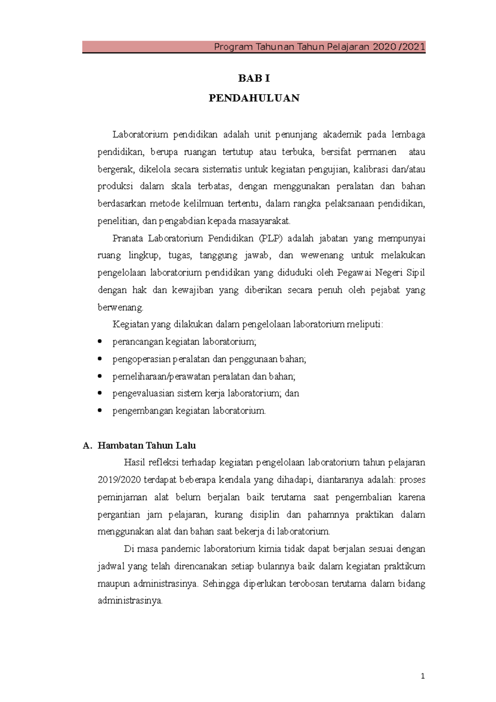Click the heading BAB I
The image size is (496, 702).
pyautogui.click(x=254, y=79)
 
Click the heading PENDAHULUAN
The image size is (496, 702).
pyautogui.click(x=254, y=98)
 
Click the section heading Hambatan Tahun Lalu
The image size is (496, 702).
pyautogui.click(x=146, y=446)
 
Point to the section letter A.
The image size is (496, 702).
pyautogui.click(x=86, y=446)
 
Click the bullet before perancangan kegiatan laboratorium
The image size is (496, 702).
pyautogui.click(x=100, y=341)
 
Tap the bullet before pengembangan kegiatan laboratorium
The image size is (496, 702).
pyautogui.click(x=100, y=411)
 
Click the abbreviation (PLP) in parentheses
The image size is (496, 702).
pyautogui.click(x=270, y=239)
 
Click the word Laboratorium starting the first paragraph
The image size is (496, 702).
pyautogui.click(x=141, y=135)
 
